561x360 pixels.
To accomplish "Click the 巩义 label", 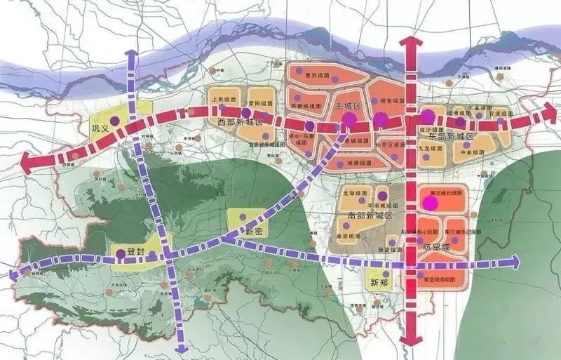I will click(102, 128).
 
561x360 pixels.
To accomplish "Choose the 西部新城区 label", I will click(239, 122).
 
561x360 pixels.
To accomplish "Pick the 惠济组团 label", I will click(311, 79).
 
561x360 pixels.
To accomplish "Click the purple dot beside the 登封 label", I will click(121, 254).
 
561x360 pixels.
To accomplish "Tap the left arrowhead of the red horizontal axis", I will click(27, 164).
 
